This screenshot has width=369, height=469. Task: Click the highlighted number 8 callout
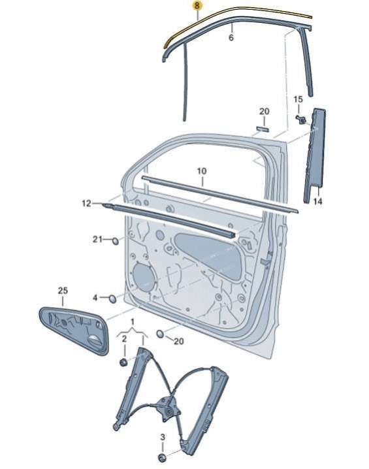coord(197,6)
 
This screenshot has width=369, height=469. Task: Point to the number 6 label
coord(231,38)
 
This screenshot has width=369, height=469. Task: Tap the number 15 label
coord(298,99)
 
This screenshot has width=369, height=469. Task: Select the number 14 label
coord(318,201)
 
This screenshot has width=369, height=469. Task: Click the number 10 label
coord(202,171)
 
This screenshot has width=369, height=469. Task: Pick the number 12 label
coord(86,203)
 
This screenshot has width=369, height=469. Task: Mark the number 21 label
coord(97,239)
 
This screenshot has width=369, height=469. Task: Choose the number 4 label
coord(95,298)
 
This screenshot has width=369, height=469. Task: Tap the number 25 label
coord(63,291)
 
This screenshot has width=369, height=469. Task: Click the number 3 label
coord(163,437)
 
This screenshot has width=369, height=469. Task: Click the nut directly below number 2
coord(123,363)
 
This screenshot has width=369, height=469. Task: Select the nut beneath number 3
coord(162,458)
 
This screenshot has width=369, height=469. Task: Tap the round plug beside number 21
coord(115,240)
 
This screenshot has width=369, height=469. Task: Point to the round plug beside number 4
coord(112,299)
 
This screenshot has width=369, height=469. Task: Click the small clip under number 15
coord(302,119)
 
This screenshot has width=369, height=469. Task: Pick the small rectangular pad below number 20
coord(263,129)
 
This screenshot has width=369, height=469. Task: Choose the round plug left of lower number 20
coord(161,334)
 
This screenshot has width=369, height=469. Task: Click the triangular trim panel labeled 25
coord(74,331)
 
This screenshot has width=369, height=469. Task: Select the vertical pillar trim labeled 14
coord(314,155)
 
